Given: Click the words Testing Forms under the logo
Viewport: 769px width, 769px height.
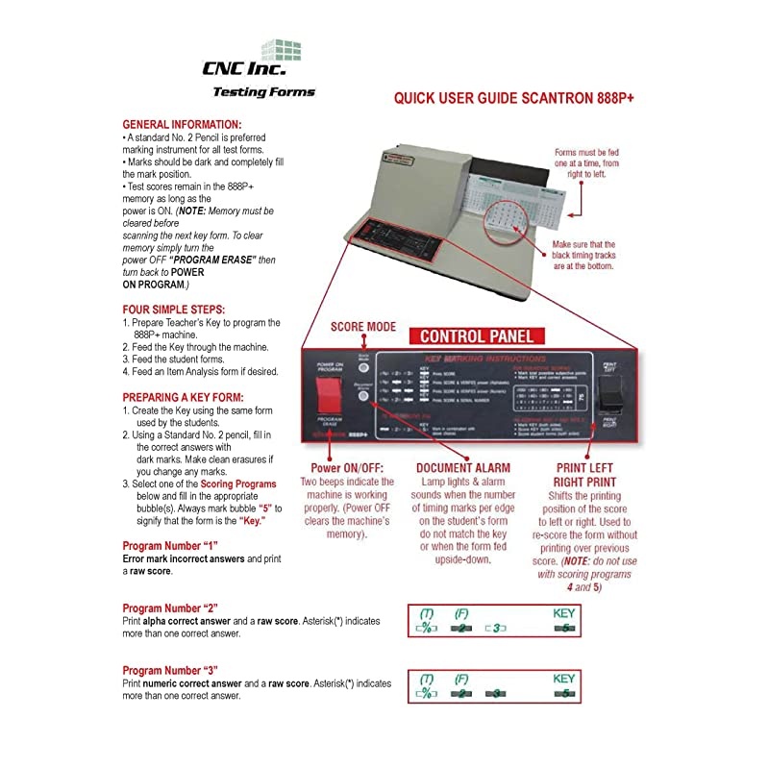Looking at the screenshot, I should [x=263, y=93].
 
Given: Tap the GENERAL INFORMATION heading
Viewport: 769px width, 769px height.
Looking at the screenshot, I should [x=182, y=125].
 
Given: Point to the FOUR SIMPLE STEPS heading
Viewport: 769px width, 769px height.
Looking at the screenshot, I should [x=174, y=310].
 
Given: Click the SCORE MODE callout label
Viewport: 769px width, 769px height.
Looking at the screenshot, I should [x=361, y=327].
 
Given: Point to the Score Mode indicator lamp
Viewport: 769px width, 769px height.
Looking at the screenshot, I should [x=391, y=358].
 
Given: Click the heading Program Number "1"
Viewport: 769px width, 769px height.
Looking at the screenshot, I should [x=170, y=546].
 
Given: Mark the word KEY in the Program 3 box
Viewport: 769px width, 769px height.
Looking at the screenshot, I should [x=564, y=678].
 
